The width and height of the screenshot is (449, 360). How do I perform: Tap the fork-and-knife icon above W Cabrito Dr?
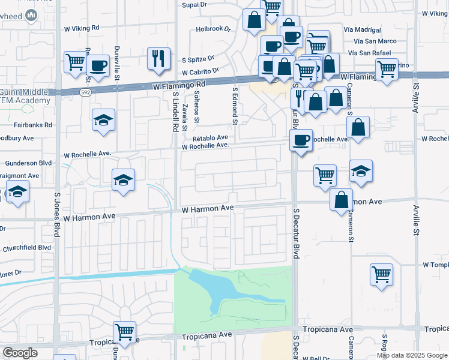(x=159, y=59)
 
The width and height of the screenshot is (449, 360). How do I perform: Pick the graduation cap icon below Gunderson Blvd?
(x=123, y=180)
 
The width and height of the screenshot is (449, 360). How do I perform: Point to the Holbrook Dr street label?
(x=213, y=29)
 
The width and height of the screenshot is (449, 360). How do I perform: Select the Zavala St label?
(x=185, y=118)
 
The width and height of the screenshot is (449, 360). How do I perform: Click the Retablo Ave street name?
(x=210, y=137)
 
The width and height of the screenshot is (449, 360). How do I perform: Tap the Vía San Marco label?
(x=362, y=41)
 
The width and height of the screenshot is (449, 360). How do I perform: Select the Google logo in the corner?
(x=20, y=353)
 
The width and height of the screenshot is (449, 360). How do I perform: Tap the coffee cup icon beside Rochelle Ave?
(x=301, y=141)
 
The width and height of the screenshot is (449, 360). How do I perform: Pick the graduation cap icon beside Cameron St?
(x=361, y=172)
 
